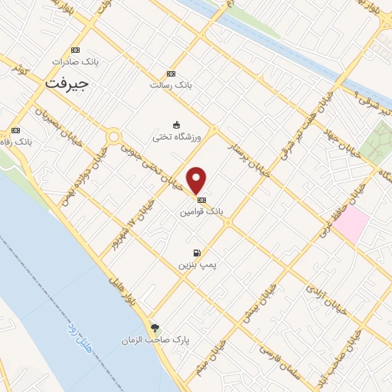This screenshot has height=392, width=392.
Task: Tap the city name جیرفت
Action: [67, 83]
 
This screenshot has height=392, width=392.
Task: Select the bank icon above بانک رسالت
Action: [171, 73]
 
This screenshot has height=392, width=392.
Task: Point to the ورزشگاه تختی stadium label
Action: [175, 136]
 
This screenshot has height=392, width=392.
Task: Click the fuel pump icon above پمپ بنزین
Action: [198, 253]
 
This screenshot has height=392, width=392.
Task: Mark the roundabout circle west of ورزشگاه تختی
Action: [114, 137]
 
